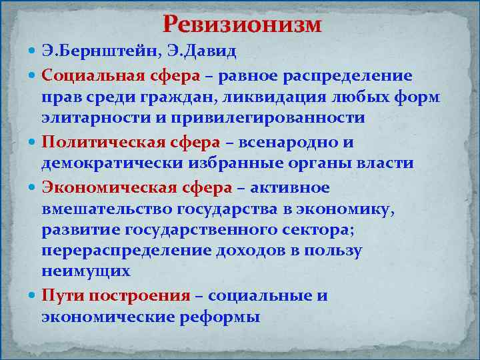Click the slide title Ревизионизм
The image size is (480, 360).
[x=242, y=25]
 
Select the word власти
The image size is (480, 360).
[x=385, y=164]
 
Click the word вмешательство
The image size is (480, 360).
[x=107, y=211]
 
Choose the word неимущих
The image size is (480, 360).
[x=85, y=271]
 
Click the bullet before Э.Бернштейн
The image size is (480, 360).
[x=33, y=51]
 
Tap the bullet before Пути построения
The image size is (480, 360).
[x=33, y=296]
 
